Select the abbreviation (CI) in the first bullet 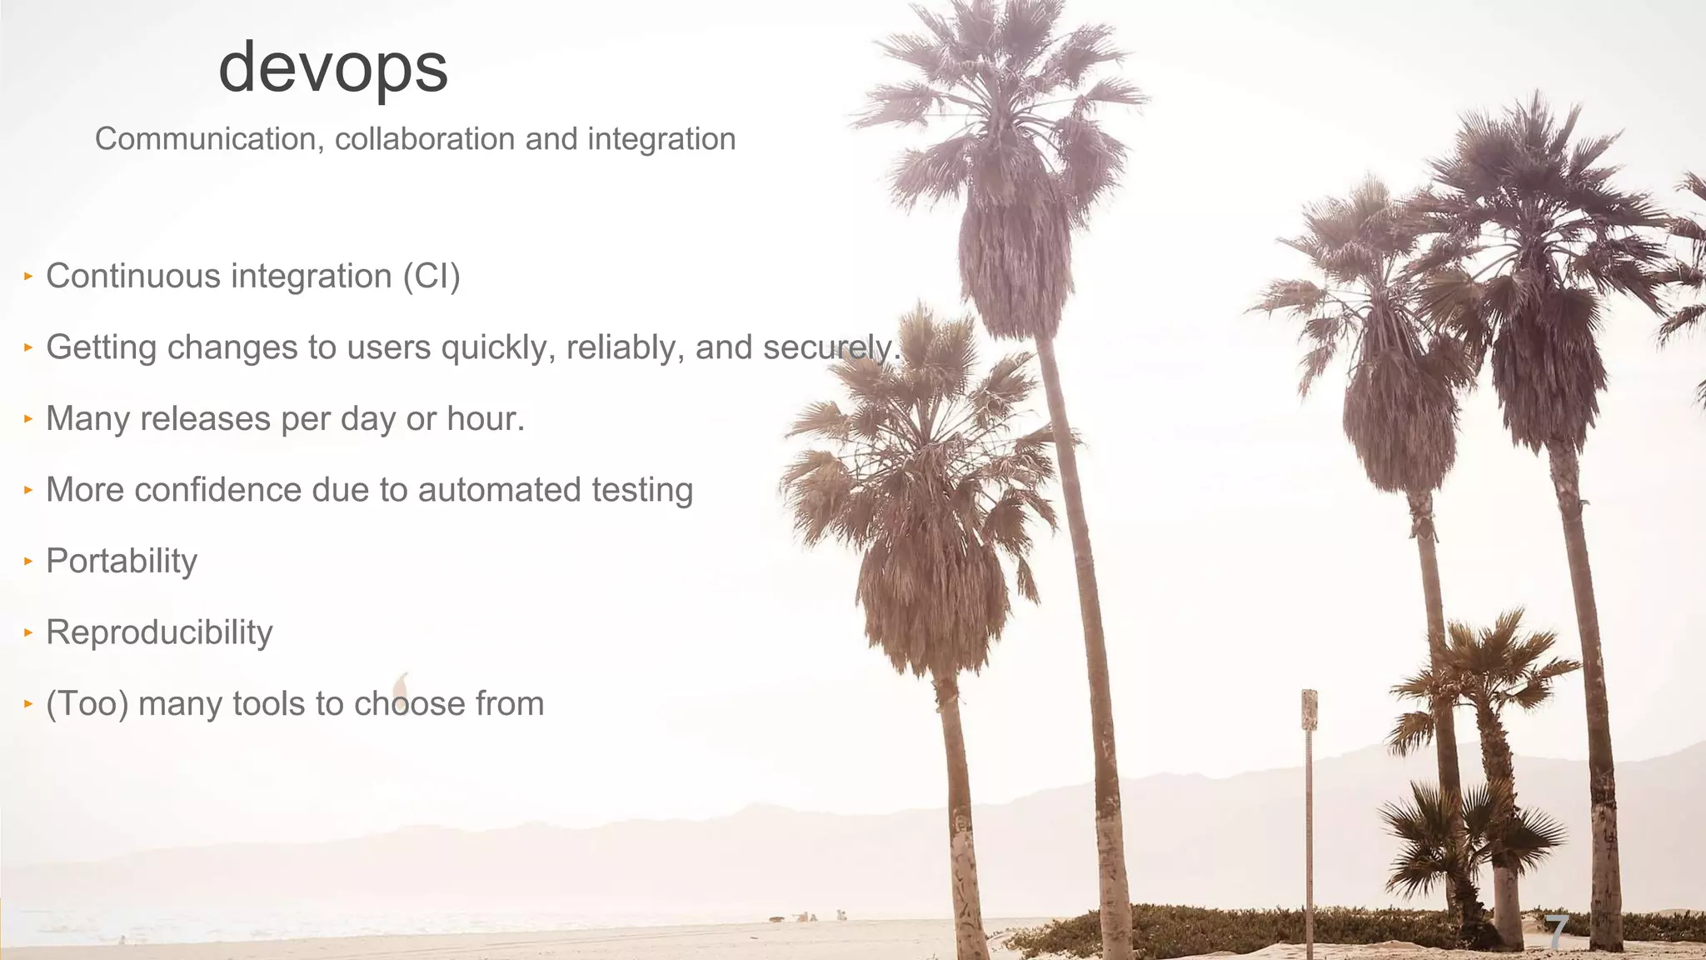click(x=431, y=277)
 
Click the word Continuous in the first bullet click(x=133, y=277)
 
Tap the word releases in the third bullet click(x=205, y=419)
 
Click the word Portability click(x=122, y=562)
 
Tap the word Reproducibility click(x=159, y=632)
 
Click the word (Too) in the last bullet click(x=87, y=704)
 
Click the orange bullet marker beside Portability click(x=27, y=561)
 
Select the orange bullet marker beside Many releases click(x=27, y=418)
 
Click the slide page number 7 click(x=1557, y=931)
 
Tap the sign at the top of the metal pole click(x=1309, y=709)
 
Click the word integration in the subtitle click(x=661, y=139)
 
